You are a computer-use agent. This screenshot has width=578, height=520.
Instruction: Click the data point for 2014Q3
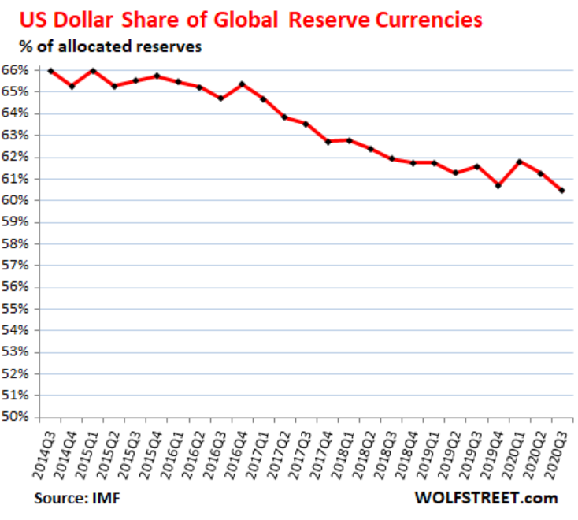[51, 71]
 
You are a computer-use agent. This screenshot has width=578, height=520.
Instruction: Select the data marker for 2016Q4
[243, 84]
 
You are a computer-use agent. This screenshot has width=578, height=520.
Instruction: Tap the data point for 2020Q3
[561, 191]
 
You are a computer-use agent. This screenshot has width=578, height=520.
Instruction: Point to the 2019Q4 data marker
[498, 185]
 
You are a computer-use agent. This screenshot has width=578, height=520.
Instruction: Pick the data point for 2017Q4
[328, 142]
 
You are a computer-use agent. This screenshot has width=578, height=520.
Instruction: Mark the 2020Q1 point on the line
[520, 162]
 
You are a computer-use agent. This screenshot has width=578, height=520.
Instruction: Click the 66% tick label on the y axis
[15, 69]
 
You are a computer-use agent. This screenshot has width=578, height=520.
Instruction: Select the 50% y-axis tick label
[15, 416]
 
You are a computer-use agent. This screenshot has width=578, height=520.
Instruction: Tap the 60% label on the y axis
[15, 200]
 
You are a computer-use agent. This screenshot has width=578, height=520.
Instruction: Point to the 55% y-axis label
[15, 308]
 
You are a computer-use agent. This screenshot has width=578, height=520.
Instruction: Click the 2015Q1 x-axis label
[87, 455]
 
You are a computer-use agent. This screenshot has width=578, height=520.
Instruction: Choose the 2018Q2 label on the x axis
[364, 455]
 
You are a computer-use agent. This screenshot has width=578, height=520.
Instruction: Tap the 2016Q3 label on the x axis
[214, 455]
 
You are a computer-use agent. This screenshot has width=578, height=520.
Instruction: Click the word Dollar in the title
[83, 20]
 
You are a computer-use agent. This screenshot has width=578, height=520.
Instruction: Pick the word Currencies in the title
[428, 20]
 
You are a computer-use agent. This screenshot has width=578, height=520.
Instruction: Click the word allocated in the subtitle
[94, 46]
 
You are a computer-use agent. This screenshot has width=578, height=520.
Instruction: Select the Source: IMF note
[77, 498]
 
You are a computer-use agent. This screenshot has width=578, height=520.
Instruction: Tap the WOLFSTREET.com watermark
[486, 498]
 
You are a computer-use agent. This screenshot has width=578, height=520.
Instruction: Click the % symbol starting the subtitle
[26, 46]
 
